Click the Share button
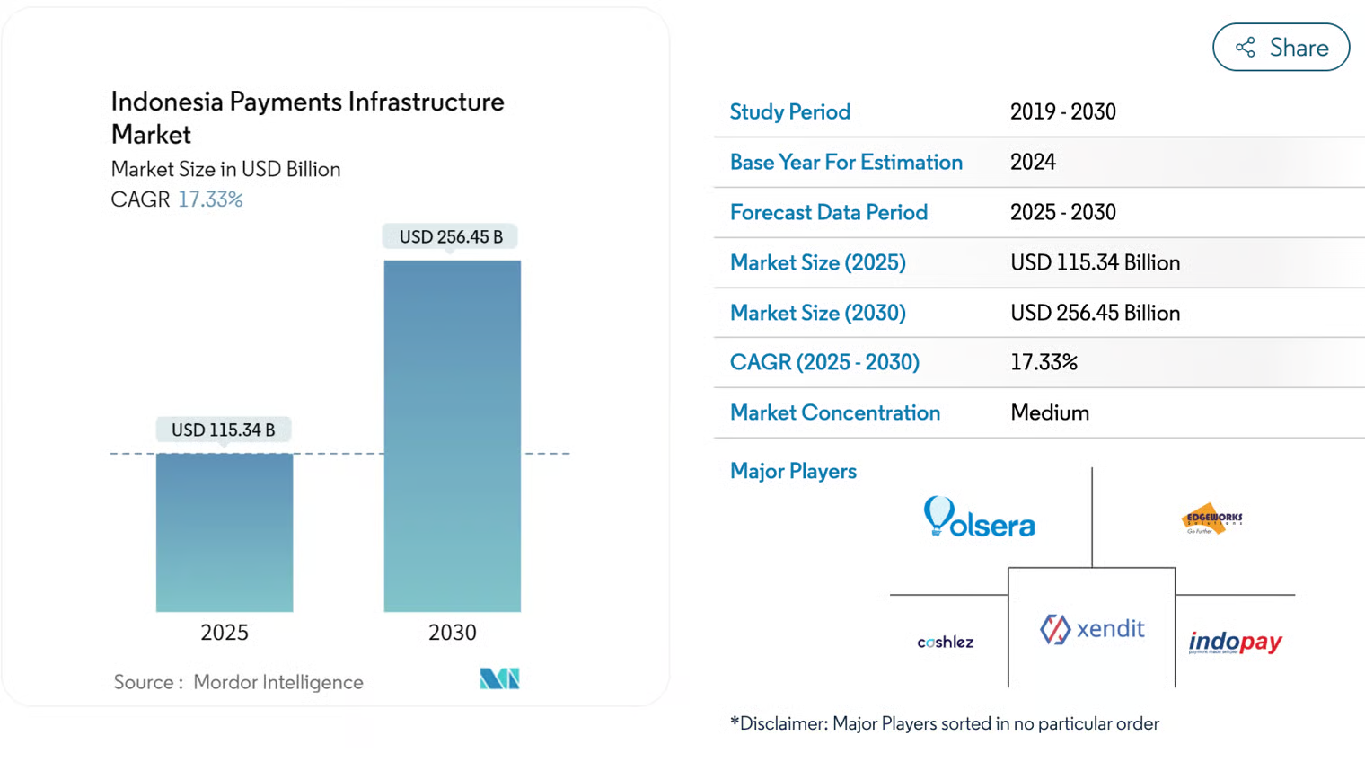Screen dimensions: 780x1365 (x=1281, y=48)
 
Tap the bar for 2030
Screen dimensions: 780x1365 (x=452, y=436)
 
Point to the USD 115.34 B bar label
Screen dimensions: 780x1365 (x=223, y=430)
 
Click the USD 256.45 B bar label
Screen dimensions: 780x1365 (x=451, y=236)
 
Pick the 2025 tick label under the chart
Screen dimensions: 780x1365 (x=225, y=633)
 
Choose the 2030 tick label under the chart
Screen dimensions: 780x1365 (x=452, y=633)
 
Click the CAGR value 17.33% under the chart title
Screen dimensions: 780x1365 (x=210, y=199)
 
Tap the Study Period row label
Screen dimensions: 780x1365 (x=789, y=111)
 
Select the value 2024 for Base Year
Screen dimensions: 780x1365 (x=1033, y=162)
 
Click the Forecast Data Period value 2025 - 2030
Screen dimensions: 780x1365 (x=1062, y=212)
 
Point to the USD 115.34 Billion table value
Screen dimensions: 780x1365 (x=1095, y=262)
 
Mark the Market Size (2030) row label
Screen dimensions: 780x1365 (x=817, y=313)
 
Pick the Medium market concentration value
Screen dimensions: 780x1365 (x=1049, y=412)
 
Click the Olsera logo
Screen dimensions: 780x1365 (x=979, y=518)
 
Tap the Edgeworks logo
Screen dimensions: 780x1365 (x=1211, y=519)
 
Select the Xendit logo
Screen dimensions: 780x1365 (x=1092, y=628)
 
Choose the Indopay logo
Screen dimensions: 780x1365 (x=1235, y=642)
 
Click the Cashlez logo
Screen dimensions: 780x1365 (x=945, y=642)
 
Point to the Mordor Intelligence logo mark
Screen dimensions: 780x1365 (x=499, y=678)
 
